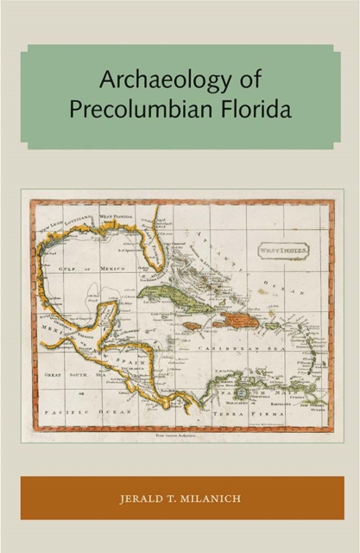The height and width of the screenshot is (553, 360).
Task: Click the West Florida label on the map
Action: (x=119, y=215)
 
